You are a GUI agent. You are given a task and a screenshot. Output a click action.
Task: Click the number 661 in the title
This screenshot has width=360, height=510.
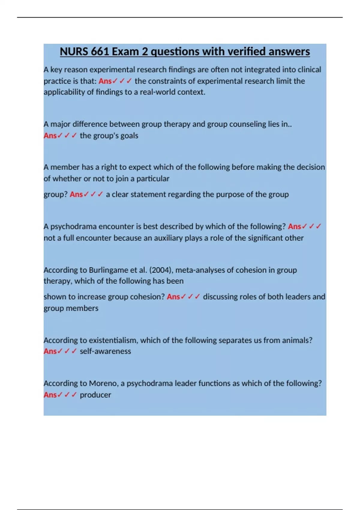(100, 52)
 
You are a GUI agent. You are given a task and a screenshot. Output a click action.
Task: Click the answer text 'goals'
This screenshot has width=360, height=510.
(129, 136)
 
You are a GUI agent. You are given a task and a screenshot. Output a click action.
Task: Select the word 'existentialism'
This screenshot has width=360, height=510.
(113, 340)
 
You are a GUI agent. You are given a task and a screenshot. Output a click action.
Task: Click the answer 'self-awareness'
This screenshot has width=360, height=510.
(105, 351)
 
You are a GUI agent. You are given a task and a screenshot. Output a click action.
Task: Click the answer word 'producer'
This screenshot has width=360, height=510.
(95, 395)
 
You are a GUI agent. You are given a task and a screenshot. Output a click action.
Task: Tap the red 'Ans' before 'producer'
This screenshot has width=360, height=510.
(50, 395)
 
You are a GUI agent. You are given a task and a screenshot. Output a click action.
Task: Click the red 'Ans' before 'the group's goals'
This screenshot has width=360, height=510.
(50, 136)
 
